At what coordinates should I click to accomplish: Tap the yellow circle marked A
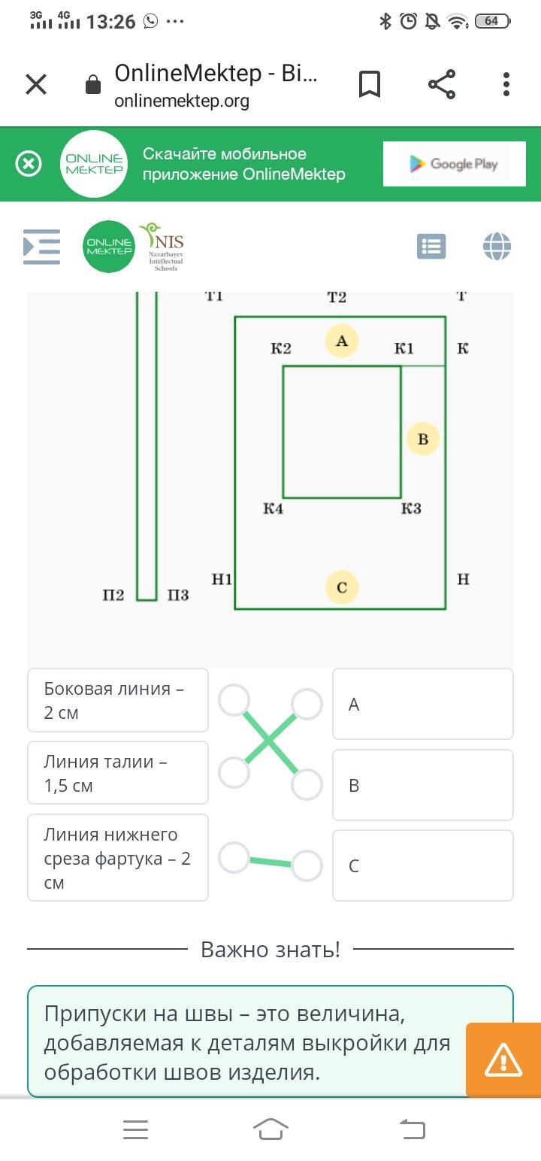pos(342,341)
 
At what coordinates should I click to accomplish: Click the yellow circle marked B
pos(422,439)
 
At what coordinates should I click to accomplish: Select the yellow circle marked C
pos(342,587)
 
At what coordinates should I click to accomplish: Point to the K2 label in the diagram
pos(281,348)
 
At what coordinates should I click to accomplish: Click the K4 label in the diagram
pos(274,509)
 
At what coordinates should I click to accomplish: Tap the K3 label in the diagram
pos(411,509)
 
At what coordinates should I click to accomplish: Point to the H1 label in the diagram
pos(222,580)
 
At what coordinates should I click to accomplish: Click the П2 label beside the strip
pos(113,596)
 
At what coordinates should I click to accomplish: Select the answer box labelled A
pos(422,704)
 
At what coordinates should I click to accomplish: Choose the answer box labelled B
pos(422,785)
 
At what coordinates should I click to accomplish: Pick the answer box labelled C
pos(422,865)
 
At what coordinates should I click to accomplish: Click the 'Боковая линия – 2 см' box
pos(118,700)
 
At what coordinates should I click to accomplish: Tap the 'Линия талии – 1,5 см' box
pos(118,773)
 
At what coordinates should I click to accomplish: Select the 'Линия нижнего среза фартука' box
pos(118,858)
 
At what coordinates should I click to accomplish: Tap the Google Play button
pos(453,164)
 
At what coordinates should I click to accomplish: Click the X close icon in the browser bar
pos(36,84)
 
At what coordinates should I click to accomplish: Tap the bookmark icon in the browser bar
pos(369,84)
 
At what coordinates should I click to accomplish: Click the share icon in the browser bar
pos(442,84)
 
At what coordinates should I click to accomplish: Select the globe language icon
pos(497,247)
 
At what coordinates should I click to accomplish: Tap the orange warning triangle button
pos(503,1060)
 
